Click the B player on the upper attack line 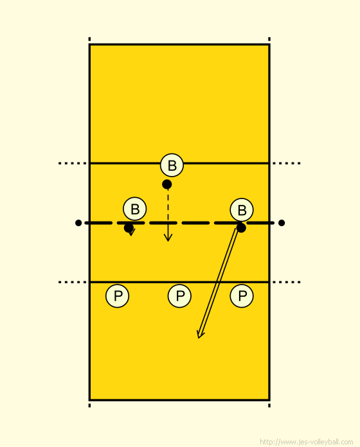pos(172,165)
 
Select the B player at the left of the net pos(134,209)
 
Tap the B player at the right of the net pos(242,210)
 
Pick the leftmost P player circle pos(117,296)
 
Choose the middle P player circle pos(179,296)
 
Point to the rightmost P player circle pos(242,296)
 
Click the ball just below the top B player pos(167,184)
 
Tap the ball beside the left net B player pos(129,228)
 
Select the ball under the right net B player pos(241,228)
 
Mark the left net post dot pos(78,223)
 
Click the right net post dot pos(282,223)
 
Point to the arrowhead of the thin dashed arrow pos(168,238)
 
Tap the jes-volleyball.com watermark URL pos(307,442)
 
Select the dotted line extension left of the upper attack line pos(73,163)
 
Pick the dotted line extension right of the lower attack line pos(287,282)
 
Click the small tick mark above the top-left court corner pos(89,39)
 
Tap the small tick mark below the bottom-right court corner pos(269,405)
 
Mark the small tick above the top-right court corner pos(269,39)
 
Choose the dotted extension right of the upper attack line pos(287,163)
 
